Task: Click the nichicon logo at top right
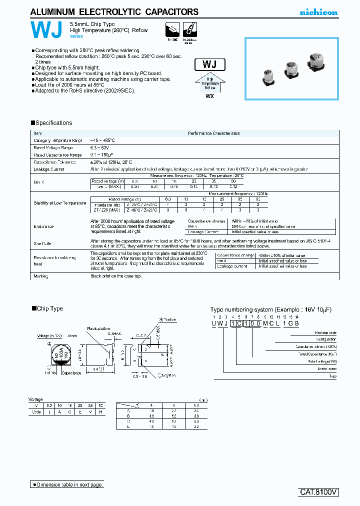pos(318,12)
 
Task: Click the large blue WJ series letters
pos(46,31)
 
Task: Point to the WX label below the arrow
pos(209,96)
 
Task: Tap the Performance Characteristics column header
pos(213,133)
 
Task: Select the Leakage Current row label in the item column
pos(49,169)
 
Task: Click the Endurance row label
pos(43,226)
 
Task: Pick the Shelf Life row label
pos(43,244)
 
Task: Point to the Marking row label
pos(41,276)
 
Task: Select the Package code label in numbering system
pos(325,332)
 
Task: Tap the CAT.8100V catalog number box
pos(319,492)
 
